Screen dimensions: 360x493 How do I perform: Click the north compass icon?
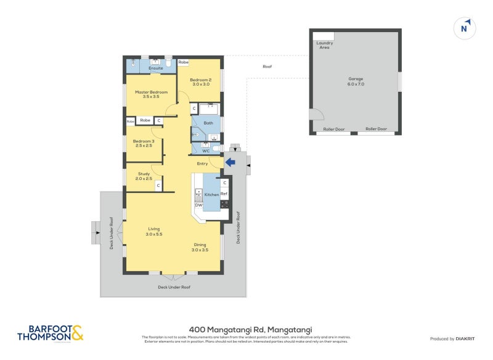tap(466, 28)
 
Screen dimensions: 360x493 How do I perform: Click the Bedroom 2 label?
tap(200, 81)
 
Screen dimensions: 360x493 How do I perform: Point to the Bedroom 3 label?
tap(143, 143)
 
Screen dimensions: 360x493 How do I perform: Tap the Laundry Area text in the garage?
tap(324, 45)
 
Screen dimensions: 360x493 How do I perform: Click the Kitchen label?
tap(211, 195)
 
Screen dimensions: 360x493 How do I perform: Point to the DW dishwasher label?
tap(198, 205)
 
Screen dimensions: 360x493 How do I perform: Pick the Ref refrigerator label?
tap(224, 194)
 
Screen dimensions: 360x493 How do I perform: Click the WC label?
tap(206, 150)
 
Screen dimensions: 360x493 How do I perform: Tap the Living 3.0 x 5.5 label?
tap(153, 231)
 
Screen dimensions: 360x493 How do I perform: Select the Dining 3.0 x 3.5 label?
tap(200, 247)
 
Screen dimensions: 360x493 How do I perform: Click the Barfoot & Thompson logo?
tap(50, 333)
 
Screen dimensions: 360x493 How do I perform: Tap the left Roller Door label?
tap(334, 129)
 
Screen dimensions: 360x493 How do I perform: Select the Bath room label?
tap(208, 123)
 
